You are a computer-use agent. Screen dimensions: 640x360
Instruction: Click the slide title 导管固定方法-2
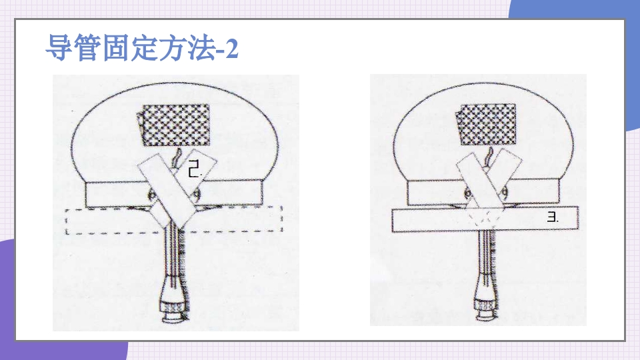click(141, 48)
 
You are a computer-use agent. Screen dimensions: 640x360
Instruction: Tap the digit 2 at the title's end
click(231, 49)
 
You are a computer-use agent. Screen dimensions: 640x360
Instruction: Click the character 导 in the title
click(59, 48)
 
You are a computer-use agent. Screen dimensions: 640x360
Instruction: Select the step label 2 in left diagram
click(195, 169)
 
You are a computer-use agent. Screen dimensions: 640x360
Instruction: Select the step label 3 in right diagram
click(552, 217)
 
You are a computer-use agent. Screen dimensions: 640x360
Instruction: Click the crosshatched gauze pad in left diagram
click(175, 125)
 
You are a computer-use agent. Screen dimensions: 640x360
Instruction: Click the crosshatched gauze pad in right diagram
click(486, 125)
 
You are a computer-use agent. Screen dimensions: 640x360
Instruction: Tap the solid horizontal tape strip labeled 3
click(485, 219)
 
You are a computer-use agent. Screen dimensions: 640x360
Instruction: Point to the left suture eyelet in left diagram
click(153, 195)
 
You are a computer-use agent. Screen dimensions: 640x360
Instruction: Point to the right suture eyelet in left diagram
click(197, 195)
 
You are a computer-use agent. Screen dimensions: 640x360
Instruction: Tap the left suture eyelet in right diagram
click(468, 192)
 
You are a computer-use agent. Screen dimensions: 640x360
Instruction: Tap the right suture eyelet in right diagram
click(505, 192)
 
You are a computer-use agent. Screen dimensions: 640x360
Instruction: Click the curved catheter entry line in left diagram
click(177, 159)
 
